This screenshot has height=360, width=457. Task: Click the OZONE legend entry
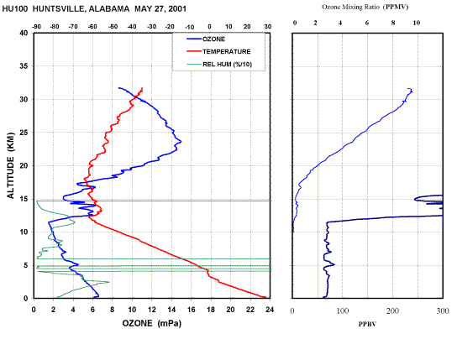[206, 39]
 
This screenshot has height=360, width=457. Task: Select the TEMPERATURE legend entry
[218, 51]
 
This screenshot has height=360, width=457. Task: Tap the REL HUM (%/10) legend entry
[219, 64]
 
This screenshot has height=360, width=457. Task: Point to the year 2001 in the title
[177, 8]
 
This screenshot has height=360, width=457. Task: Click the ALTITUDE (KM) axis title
[10, 165]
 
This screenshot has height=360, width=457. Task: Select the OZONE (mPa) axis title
[151, 323]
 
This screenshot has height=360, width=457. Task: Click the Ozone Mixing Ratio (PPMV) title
[365, 7]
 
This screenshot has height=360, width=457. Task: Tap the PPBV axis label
[367, 324]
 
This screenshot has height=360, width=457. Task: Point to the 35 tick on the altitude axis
[24, 66]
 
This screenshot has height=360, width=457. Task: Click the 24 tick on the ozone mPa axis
[270, 310]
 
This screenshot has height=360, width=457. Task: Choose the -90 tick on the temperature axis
[36, 27]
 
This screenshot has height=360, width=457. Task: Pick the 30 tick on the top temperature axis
[267, 27]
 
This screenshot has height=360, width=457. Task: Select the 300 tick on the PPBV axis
[443, 310]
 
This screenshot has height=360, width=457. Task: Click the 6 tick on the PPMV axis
[367, 23]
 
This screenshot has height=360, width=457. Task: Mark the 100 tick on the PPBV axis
[343, 310]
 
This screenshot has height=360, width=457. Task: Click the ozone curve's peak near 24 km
[181, 142]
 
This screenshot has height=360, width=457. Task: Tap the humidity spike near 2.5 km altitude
[109, 282]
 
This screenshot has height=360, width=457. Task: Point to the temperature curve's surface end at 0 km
[265, 297]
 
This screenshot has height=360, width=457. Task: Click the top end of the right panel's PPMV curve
[408, 88]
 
